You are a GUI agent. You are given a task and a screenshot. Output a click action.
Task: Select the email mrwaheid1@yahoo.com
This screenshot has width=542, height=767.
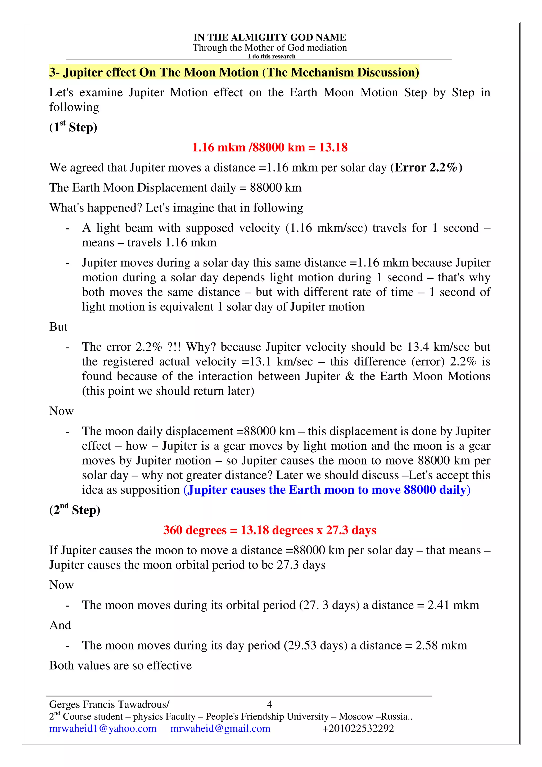[x=103, y=729]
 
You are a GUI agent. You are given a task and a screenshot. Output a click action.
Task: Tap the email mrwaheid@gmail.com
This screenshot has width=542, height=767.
[x=220, y=729]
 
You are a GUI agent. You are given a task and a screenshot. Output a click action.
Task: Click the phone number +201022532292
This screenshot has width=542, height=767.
[x=358, y=729]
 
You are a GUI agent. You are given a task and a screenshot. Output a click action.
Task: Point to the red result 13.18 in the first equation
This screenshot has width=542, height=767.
[x=333, y=147]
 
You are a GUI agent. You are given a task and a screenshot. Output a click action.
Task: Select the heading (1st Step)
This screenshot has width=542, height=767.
[x=73, y=127]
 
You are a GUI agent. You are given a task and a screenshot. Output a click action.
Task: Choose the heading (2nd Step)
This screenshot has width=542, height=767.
[x=75, y=510]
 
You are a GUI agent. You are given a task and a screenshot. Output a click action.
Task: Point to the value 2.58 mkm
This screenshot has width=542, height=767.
[x=441, y=646]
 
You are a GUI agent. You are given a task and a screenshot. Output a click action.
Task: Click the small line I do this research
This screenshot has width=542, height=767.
[x=272, y=56]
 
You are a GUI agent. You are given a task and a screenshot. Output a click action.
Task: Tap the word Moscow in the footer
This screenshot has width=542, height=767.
[x=356, y=716]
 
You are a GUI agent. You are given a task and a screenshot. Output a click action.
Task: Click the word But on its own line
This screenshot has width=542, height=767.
[x=58, y=327]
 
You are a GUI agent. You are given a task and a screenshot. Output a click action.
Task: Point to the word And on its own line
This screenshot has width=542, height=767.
[x=60, y=625]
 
